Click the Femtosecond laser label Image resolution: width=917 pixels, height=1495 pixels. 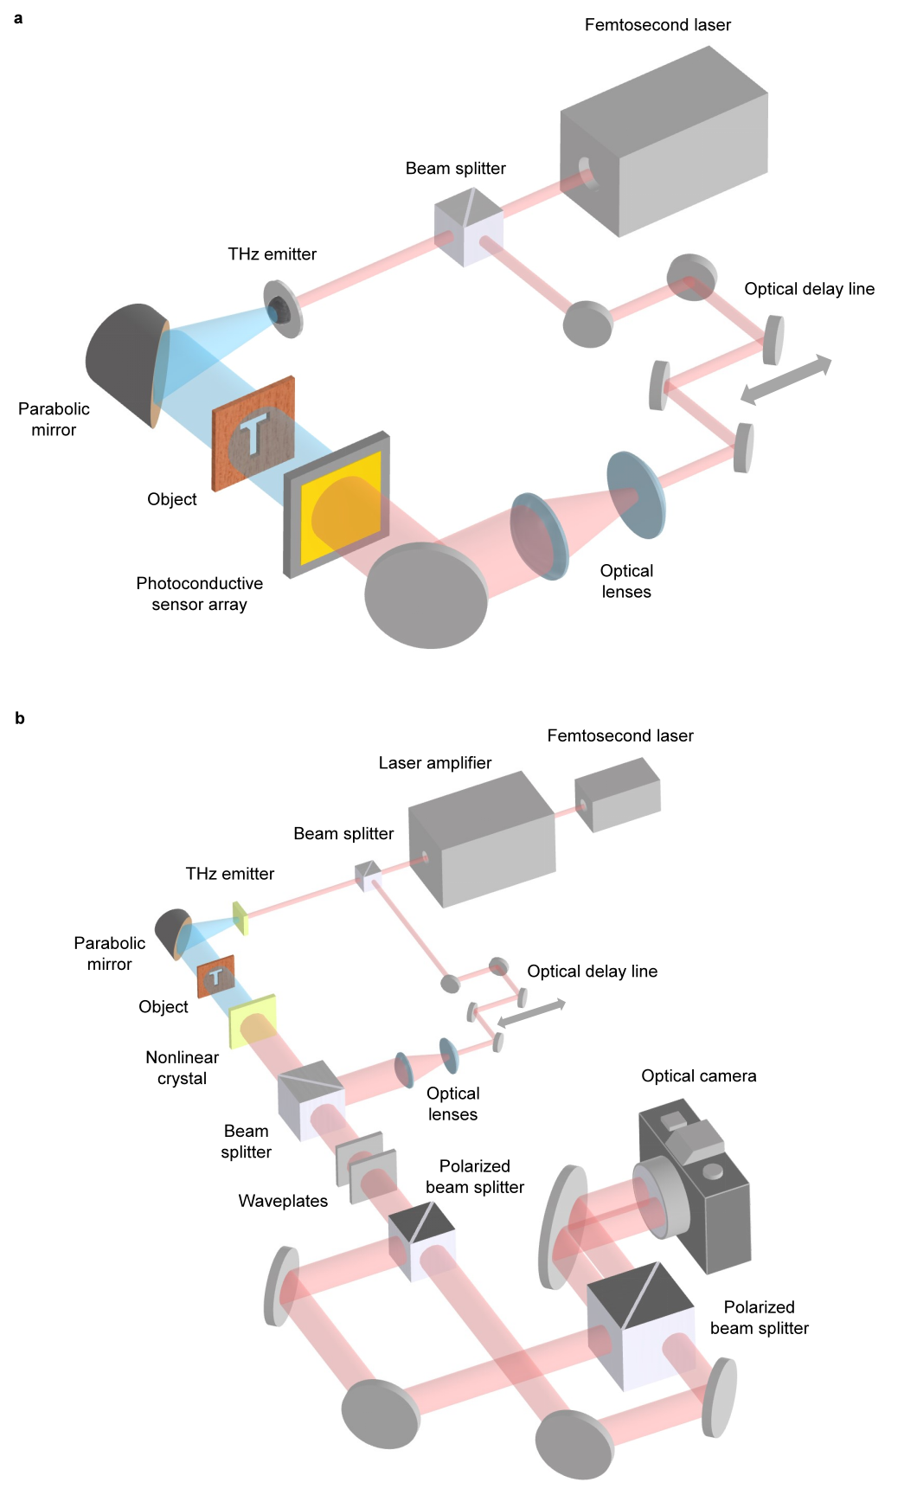pos(657,25)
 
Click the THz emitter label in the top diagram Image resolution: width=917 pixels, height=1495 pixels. pos(272,254)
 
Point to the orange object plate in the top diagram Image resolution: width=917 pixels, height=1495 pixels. pos(253,433)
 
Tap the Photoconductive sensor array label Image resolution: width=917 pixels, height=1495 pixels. pos(199,594)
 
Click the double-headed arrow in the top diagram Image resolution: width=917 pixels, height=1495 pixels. pos(786,380)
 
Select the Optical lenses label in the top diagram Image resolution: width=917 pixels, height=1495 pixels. pos(626,581)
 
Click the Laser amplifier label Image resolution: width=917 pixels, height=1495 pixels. pos(434,763)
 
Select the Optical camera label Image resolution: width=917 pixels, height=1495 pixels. pos(698,1076)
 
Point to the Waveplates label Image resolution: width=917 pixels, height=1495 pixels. pos(283,1201)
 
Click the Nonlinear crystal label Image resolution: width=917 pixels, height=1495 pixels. pos(182,1068)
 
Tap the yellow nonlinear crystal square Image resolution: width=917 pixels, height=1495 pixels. pos(253,1021)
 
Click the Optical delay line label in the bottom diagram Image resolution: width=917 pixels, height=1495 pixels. pos(592,972)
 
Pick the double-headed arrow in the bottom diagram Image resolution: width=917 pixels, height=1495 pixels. pos(531,1014)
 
